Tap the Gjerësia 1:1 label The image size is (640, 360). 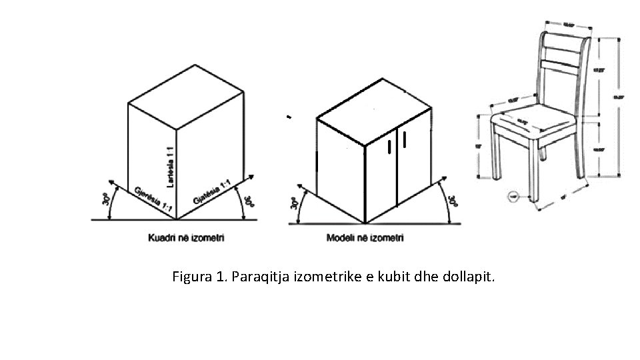151,199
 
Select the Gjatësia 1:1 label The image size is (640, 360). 213,192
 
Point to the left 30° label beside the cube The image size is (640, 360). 105,199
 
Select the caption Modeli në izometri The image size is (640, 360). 365,237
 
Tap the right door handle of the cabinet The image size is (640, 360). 404,137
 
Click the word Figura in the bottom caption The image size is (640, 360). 191,277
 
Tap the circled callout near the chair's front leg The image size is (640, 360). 513,196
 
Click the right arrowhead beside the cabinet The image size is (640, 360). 443,178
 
